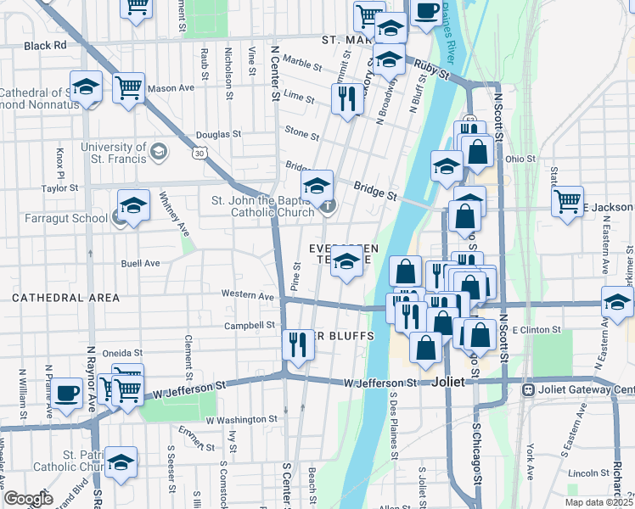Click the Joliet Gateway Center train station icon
click(528, 390)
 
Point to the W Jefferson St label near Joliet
click(381, 383)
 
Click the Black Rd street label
click(45, 45)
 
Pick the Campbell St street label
click(250, 325)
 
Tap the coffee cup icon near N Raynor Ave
click(69, 393)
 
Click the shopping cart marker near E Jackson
click(567, 201)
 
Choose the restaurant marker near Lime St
click(346, 98)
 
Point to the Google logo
click(28, 499)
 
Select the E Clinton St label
click(539, 329)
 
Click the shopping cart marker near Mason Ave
click(128, 87)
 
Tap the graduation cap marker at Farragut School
click(134, 206)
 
